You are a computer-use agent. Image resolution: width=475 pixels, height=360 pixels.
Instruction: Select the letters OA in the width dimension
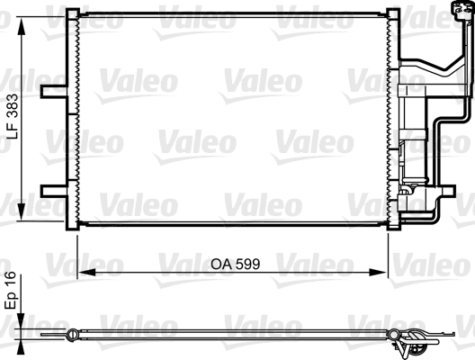(x=220, y=265)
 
